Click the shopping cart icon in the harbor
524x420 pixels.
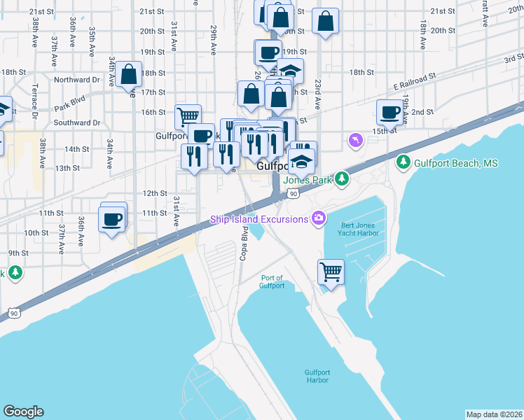coord(331,270)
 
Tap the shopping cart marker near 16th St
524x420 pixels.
coord(188,115)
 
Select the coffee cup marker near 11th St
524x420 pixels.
coord(112,220)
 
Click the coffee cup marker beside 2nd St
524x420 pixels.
coord(389,111)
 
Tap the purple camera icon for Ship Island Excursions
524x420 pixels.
coord(319,219)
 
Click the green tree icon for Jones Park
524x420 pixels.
coord(341,179)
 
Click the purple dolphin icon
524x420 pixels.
coord(355,141)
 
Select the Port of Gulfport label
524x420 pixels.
coord(272,281)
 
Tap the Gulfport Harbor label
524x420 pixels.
coord(317,376)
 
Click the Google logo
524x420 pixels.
coord(23,412)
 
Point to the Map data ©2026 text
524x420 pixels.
coord(494,414)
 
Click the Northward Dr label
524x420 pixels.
coord(73,80)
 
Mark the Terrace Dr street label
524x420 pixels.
coord(33,101)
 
